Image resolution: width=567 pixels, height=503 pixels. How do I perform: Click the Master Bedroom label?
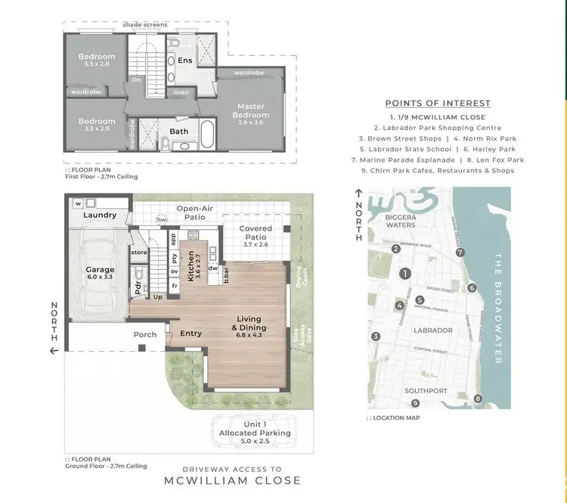point(250,110)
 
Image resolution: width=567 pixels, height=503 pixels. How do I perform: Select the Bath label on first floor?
point(179,131)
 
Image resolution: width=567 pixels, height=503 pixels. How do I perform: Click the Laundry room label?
point(100,215)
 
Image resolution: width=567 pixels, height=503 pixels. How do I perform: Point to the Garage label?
point(100,269)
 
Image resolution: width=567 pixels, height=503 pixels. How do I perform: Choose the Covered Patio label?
point(255,232)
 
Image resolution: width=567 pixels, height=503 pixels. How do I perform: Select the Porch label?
point(145,334)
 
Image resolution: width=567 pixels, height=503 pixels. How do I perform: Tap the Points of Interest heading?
point(438,104)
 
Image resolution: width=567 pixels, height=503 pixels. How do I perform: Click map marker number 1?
point(405,274)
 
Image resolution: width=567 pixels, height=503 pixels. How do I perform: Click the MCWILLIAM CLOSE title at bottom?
point(232,480)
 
